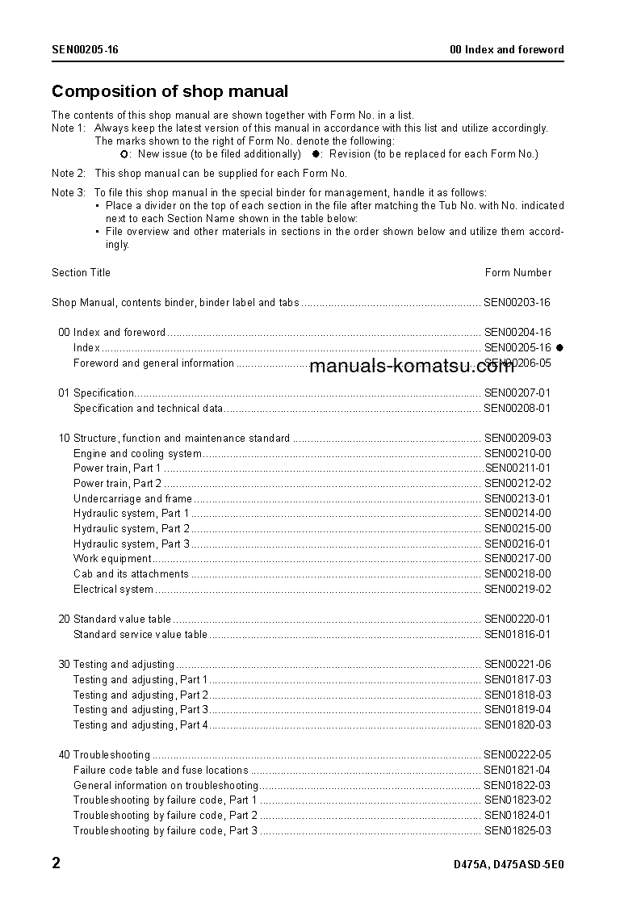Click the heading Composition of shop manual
[x=170, y=91]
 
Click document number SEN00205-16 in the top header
[x=85, y=49]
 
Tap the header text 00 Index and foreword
[x=506, y=49]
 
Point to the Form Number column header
[x=517, y=272]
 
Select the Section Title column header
[x=81, y=272]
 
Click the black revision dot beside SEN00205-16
[x=559, y=347]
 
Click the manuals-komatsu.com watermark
[x=412, y=366]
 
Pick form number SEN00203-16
[x=517, y=303]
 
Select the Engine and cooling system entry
[x=137, y=454]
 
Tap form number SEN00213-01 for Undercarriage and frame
[x=517, y=499]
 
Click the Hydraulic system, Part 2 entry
[x=132, y=529]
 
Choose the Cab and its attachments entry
[x=131, y=574]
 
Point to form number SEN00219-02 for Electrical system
[x=517, y=590]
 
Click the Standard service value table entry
[x=140, y=635]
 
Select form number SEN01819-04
[x=517, y=710]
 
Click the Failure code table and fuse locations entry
[x=161, y=771]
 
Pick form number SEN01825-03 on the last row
[x=517, y=830]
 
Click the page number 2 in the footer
[x=56, y=863]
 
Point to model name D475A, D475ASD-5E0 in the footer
[x=509, y=865]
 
